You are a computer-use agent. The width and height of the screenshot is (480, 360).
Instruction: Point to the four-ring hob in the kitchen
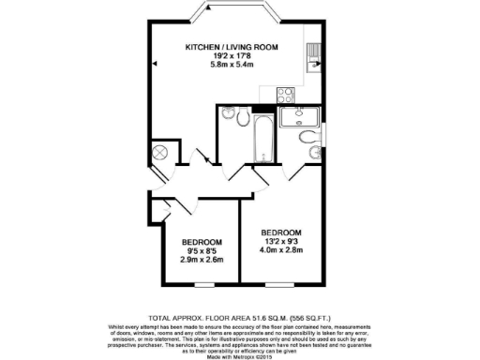pos(286,94)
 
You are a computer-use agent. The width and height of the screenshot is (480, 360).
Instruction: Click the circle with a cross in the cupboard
pos(159,152)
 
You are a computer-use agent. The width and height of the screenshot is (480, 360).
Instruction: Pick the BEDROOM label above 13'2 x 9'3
pos(280,232)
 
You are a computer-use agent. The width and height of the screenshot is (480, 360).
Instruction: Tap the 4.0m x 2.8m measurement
pos(280,252)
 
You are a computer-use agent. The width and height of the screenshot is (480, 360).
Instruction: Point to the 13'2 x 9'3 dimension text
pos(280,242)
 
